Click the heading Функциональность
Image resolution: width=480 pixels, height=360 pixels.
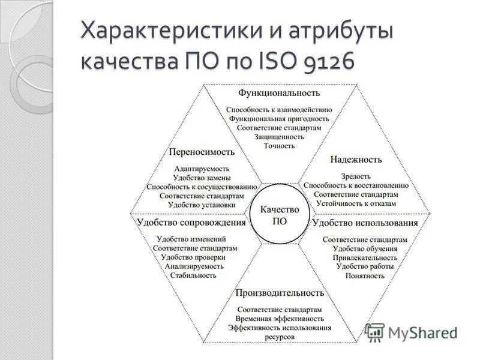point(279,93)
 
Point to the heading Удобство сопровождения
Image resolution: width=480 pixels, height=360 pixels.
point(191,223)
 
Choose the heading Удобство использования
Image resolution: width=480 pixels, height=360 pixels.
point(365,223)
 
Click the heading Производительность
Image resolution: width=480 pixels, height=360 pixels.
point(280,293)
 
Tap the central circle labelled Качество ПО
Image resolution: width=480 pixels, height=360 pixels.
point(280,214)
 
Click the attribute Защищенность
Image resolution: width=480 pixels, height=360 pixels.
point(279,137)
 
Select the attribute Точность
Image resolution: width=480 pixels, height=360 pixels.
point(279,146)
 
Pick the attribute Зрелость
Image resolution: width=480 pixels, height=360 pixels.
point(356,177)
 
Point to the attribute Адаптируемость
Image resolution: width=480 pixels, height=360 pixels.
point(202,169)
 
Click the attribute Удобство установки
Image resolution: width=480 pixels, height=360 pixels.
point(202,205)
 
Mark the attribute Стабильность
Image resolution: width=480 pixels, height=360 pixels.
point(193,275)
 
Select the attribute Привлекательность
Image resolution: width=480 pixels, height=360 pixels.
point(365,257)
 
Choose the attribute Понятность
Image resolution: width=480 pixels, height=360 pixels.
point(365,275)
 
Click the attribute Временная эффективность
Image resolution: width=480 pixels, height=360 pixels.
point(280,319)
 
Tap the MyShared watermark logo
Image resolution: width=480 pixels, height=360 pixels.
point(412,332)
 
